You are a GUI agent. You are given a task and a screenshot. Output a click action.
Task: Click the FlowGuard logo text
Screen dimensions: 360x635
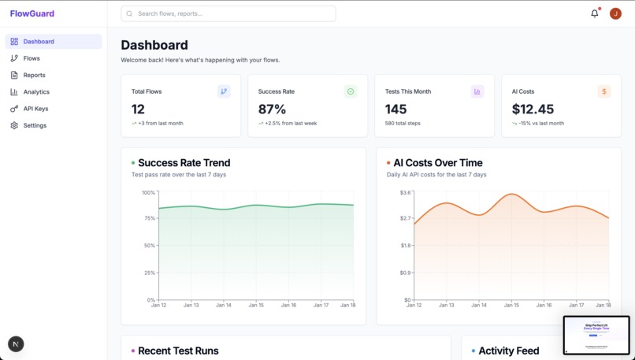click(x=32, y=13)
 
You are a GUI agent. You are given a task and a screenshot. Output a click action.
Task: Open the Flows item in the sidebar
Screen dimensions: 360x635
click(x=32, y=58)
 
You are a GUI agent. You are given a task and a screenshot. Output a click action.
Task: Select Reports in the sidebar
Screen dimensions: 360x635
click(x=34, y=76)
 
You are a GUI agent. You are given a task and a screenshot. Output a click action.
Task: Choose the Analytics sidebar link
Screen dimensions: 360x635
click(x=36, y=92)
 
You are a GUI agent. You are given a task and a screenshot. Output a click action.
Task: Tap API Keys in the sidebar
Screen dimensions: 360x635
click(x=35, y=109)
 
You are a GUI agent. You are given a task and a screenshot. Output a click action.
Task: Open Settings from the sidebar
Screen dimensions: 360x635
click(x=35, y=126)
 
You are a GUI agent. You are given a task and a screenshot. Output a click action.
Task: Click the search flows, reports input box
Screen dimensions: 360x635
click(x=228, y=13)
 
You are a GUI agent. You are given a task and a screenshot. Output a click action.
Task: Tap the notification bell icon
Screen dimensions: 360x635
click(x=595, y=13)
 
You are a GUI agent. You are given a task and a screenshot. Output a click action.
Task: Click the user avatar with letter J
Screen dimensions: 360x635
click(x=615, y=13)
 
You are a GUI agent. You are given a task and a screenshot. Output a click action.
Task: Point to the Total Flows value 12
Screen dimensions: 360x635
click(x=138, y=109)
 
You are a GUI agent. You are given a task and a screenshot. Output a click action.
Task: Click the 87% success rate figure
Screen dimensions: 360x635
click(x=272, y=109)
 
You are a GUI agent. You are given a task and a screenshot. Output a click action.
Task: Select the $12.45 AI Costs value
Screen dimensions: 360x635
click(x=533, y=109)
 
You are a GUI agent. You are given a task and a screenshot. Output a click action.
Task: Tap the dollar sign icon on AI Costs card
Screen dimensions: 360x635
click(x=604, y=91)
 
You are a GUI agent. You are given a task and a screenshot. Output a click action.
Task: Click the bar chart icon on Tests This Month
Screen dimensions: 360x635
click(x=477, y=91)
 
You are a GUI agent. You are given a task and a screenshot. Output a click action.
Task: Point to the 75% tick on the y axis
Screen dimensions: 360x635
click(x=148, y=218)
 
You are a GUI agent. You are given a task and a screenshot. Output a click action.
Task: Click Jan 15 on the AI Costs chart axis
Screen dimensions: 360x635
click(x=511, y=305)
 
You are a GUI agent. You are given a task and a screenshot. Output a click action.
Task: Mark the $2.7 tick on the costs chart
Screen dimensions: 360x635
click(x=405, y=218)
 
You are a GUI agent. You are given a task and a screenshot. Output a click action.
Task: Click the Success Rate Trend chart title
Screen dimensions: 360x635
click(x=184, y=163)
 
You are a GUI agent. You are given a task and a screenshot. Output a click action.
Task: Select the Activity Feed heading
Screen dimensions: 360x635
click(x=508, y=351)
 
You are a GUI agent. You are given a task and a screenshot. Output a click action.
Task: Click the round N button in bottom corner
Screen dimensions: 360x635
click(x=16, y=343)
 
